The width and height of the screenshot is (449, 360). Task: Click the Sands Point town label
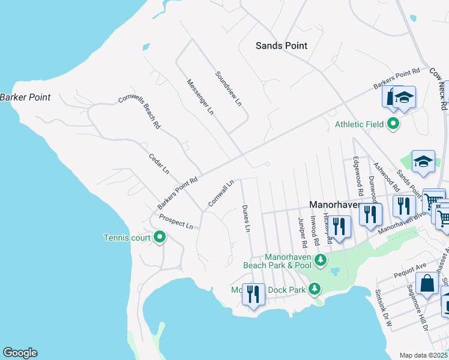coord(281,46)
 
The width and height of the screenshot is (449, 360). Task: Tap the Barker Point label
coord(25,97)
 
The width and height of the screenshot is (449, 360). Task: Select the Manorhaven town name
coord(334,204)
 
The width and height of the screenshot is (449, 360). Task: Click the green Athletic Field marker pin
coord(394,124)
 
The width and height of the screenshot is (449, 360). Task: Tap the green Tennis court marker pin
coord(160,238)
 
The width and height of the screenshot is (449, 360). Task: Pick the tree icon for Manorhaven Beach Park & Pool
coord(321,259)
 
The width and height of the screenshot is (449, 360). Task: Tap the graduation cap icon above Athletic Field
coord(405,98)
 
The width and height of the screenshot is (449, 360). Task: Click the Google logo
coord(20,353)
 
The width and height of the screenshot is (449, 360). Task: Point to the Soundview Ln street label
coord(228,89)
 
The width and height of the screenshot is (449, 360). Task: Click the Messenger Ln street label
coord(200,97)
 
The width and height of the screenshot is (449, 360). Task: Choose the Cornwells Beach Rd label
coord(139,112)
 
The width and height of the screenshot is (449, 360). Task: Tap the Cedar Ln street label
coord(159,163)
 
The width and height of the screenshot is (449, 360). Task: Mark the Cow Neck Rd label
coord(439,88)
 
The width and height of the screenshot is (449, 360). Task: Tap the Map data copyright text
coord(424,355)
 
